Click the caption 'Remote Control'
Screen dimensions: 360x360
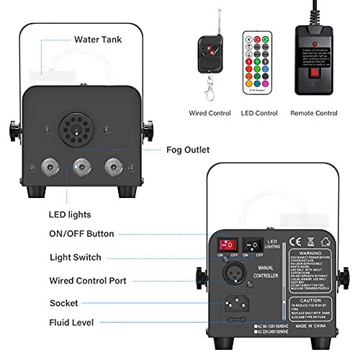pyautogui.click(x=314, y=113)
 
